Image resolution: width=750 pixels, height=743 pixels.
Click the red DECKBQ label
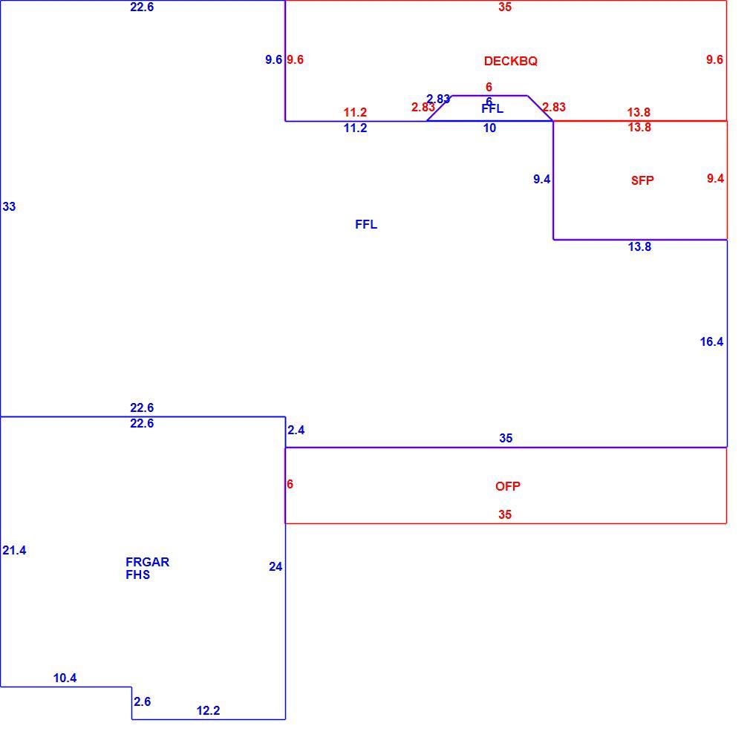[x=510, y=61]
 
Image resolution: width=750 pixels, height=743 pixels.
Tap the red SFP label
[x=642, y=180]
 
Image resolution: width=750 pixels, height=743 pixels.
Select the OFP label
[x=507, y=486]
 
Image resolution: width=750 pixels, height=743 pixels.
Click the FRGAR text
[x=147, y=562]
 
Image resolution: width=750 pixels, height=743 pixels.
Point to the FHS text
[x=138, y=575]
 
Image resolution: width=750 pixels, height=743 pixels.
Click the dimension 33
[x=9, y=206]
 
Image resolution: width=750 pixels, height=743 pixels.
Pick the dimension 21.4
[x=14, y=550]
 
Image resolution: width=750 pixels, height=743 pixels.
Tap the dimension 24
[x=275, y=566]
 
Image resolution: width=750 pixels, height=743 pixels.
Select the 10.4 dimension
[x=65, y=678]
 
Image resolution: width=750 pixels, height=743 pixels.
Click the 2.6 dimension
[x=142, y=701]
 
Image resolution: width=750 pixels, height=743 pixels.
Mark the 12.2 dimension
[x=208, y=710]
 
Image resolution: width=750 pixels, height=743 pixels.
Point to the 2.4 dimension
[x=296, y=430]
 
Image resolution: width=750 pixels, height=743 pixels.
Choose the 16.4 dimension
[x=711, y=342]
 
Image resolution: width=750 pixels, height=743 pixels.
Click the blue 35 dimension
[x=506, y=438]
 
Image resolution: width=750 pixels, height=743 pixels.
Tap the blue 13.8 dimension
[x=639, y=246]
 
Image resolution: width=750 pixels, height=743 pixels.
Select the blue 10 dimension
[x=489, y=128]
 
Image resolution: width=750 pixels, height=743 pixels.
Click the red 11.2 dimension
[x=355, y=112]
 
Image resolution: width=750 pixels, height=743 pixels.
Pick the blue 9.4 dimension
[x=542, y=180]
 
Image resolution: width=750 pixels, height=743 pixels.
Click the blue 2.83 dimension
[x=438, y=99]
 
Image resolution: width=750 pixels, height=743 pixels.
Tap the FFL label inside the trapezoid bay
[x=492, y=109]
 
